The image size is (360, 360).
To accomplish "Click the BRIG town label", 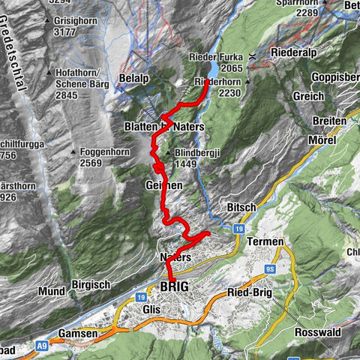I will (x=175, y=287).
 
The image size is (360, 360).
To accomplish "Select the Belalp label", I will (x=133, y=78).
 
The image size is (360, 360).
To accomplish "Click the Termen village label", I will (x=266, y=241).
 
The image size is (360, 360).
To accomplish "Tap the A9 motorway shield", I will (x=43, y=346).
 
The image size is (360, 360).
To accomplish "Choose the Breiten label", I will (x=330, y=121).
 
